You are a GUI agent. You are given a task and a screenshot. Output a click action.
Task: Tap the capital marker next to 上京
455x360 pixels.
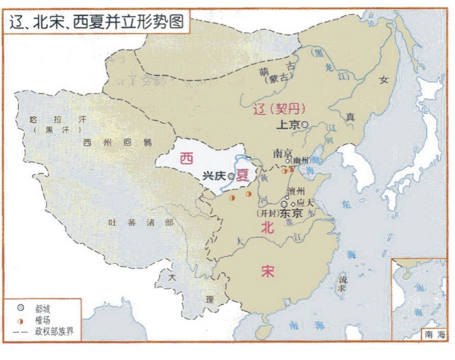pyautogui.click(x=305, y=125)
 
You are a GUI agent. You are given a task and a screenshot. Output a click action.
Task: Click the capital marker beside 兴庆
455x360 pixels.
pyautogui.click(x=231, y=176)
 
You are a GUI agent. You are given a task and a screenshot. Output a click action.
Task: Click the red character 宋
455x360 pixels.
pyautogui.click(x=267, y=272)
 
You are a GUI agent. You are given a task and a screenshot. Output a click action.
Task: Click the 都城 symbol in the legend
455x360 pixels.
pyautogui.click(x=21, y=308)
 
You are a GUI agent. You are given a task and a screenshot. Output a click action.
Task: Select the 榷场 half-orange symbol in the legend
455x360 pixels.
pyautogui.click(x=21, y=320)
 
